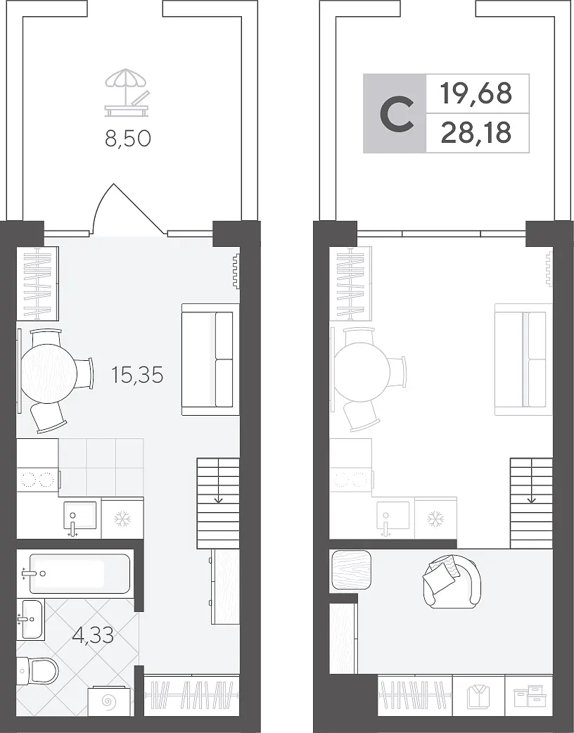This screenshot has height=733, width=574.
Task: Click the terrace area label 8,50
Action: click(x=127, y=139)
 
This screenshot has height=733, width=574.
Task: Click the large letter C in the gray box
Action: click(x=397, y=113)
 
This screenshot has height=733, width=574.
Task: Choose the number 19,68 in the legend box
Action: click(x=476, y=93)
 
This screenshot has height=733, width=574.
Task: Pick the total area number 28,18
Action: click(x=476, y=133)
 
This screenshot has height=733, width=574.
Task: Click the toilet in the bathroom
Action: click(x=37, y=671)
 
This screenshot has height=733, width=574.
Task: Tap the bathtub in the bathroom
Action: click(x=79, y=573)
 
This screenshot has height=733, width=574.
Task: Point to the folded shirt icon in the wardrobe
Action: click(x=478, y=697)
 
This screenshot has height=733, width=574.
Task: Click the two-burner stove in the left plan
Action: click(x=37, y=480)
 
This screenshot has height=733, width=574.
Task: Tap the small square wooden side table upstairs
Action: click(x=352, y=569)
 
